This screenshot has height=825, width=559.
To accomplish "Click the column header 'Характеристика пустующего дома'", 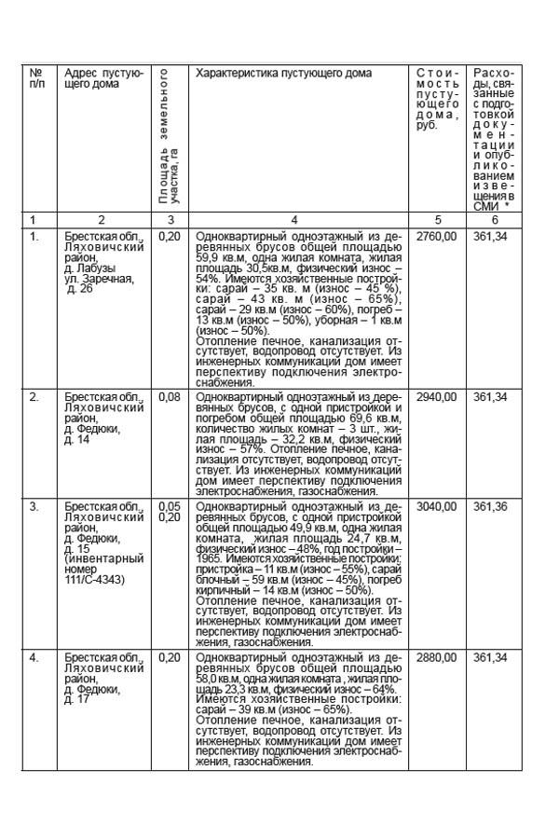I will (284, 73).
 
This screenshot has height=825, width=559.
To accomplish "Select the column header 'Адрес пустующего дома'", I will (103, 78).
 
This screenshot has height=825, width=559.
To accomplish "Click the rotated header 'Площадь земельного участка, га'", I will (168, 140).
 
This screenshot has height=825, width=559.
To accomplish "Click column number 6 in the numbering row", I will (495, 220).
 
